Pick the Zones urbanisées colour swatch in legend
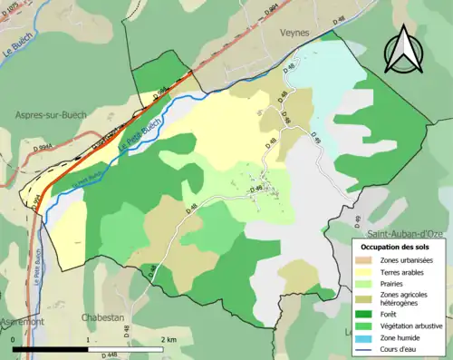[367, 261]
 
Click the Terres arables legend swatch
[367, 272]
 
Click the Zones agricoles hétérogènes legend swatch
[367, 296]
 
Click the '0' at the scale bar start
[15, 338]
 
